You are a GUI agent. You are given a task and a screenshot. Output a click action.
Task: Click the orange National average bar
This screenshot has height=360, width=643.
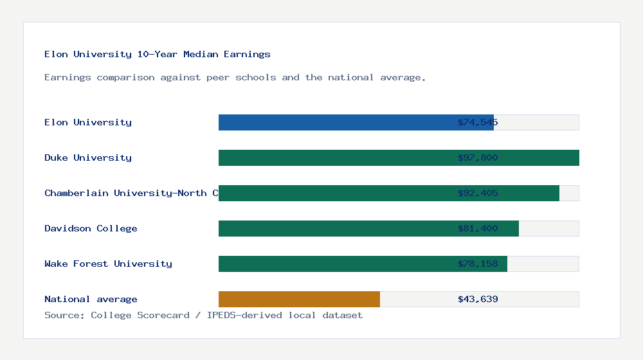coord(299,299)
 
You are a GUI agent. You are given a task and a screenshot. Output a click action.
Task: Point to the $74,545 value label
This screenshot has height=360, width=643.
coord(478,122)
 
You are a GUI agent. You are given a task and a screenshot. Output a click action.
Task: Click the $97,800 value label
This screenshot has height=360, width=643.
coord(478,157)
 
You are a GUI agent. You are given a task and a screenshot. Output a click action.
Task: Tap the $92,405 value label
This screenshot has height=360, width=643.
coord(478,193)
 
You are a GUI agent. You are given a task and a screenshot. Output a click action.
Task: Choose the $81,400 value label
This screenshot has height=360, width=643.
coord(478,228)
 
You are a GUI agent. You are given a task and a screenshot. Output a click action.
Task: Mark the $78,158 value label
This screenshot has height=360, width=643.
coord(478,264)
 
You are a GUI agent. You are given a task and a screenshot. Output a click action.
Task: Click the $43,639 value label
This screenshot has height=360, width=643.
coord(478,299)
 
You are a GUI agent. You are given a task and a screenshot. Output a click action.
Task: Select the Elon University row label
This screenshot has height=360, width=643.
coord(88,122)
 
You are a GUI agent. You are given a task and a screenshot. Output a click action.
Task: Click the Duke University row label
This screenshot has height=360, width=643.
coord(88,157)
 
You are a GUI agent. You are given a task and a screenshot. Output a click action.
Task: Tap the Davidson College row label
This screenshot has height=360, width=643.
coord(91,228)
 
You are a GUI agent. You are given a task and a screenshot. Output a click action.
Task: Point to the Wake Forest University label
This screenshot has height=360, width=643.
coord(108,264)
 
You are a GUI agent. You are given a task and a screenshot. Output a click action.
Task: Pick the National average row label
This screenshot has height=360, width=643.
coord(91,299)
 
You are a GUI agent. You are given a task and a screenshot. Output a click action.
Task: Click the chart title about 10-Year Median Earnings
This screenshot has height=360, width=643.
coord(158,54)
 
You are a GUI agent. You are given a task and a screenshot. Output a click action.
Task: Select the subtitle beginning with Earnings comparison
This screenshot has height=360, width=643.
coord(235,77)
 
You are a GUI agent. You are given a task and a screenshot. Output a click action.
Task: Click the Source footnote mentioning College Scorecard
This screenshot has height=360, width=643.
coord(203,315)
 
